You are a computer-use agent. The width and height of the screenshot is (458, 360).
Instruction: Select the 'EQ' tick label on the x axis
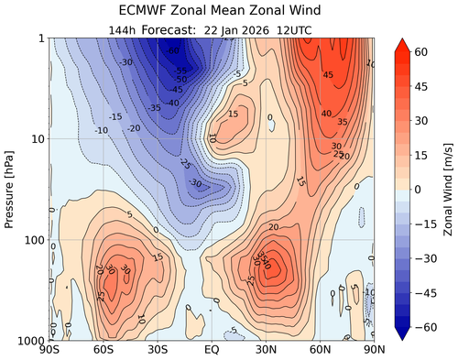click(212, 350)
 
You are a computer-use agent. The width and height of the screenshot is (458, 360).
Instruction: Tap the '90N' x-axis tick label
click(370, 350)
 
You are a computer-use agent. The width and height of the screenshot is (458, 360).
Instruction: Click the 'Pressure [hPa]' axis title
click(10, 189)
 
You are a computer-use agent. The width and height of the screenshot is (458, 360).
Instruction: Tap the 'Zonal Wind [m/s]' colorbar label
click(448, 188)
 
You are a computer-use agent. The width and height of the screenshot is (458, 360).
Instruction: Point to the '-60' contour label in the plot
click(174, 50)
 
